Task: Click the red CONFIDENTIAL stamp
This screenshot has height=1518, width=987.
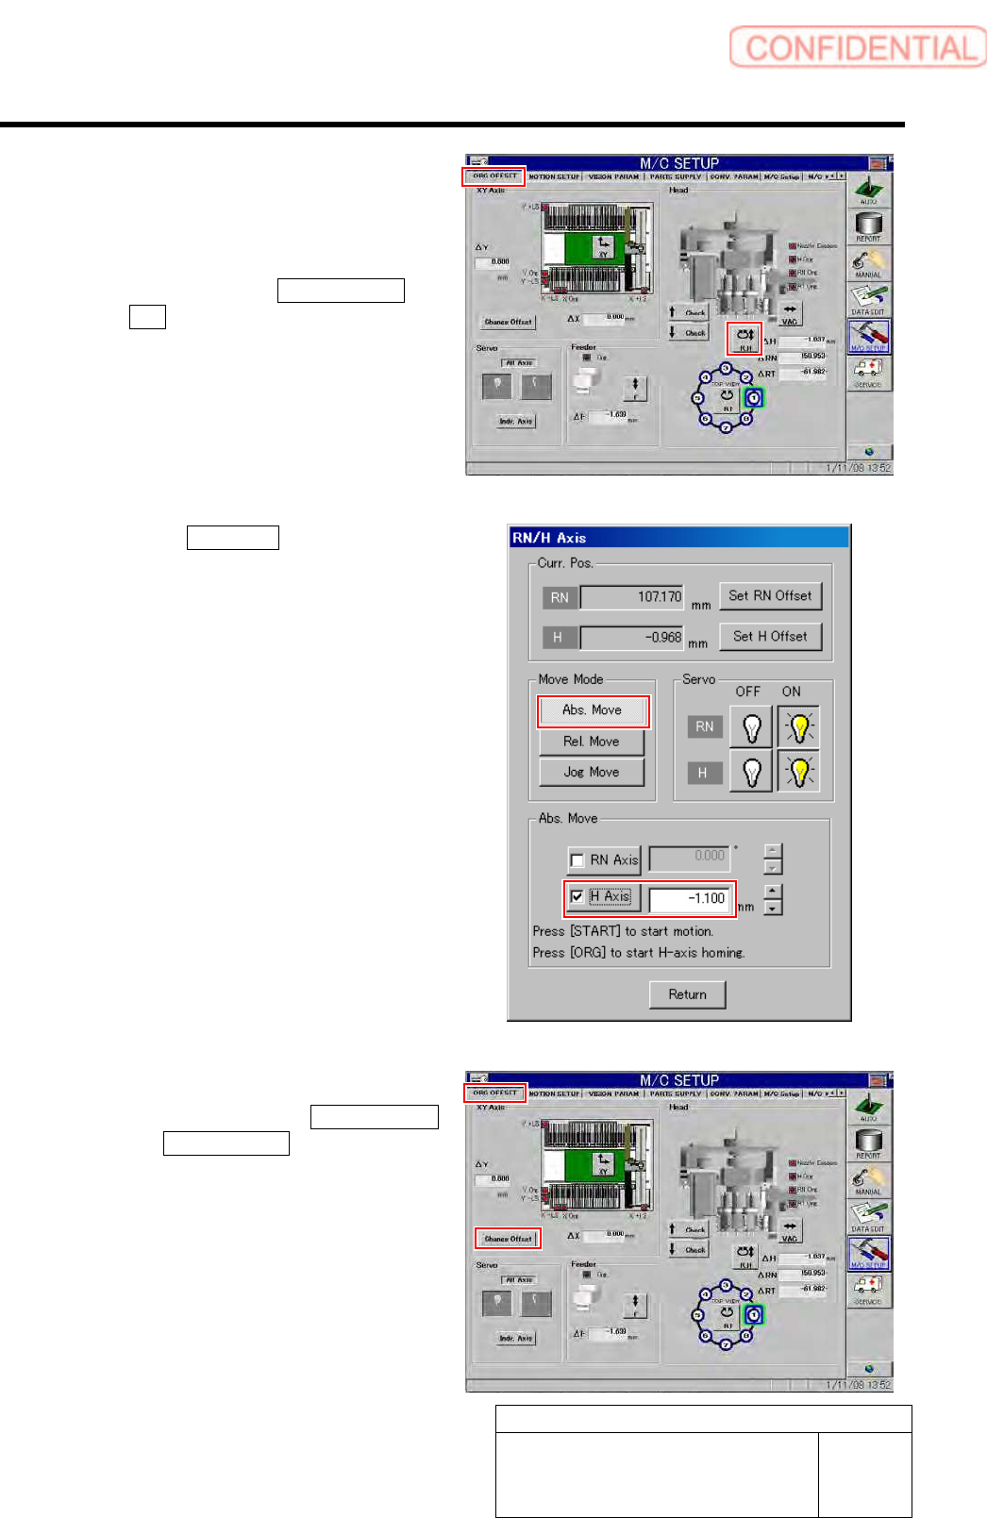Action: click(857, 47)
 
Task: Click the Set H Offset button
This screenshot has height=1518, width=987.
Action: click(770, 637)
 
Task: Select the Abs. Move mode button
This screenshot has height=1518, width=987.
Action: click(593, 710)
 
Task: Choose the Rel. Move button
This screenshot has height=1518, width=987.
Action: click(592, 742)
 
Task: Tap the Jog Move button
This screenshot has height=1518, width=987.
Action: click(592, 772)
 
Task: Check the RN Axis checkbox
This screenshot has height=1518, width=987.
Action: click(577, 860)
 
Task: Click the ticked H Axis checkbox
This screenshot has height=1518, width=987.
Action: click(577, 897)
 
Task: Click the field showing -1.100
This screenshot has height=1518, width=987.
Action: click(691, 899)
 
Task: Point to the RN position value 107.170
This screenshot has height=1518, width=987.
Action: click(632, 597)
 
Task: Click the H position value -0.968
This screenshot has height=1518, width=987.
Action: click(632, 638)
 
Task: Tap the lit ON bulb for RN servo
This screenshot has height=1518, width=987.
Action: click(799, 727)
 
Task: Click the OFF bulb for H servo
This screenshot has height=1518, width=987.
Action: click(752, 773)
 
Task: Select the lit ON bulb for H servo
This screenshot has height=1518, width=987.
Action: click(799, 773)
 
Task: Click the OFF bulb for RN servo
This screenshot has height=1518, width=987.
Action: click(752, 727)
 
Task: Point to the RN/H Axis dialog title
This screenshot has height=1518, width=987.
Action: click(549, 538)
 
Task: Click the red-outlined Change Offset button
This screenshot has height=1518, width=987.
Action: click(509, 1239)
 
